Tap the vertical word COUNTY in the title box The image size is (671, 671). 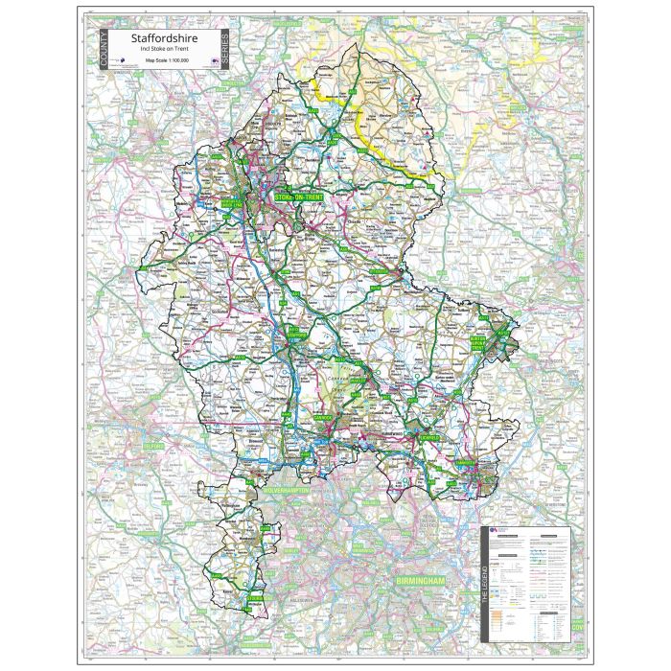pos(102,49)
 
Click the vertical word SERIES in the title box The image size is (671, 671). pos(224,49)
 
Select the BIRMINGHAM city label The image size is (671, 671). pos(422,582)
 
